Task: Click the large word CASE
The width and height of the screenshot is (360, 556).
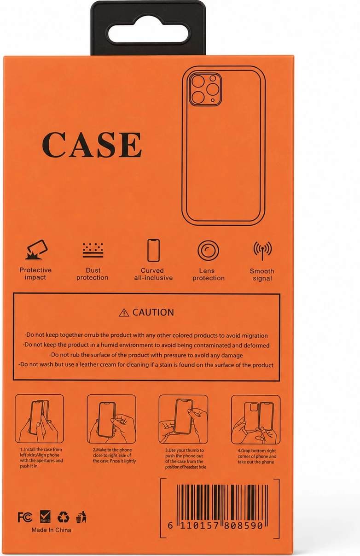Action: [92, 145]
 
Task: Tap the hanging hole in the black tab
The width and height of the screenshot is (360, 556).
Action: [148, 35]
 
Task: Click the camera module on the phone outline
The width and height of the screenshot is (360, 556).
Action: [205, 90]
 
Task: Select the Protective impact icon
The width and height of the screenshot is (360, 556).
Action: [36, 250]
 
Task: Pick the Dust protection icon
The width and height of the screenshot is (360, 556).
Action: [93, 250]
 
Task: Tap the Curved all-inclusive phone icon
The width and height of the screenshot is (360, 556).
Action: [153, 250]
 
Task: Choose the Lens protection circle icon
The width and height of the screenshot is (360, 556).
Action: [208, 250]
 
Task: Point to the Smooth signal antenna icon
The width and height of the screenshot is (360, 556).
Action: [262, 251]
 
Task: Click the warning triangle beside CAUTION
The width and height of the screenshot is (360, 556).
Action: [124, 313]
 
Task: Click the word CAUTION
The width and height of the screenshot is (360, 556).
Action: [153, 312]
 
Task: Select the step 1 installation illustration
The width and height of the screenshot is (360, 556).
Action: [40, 419]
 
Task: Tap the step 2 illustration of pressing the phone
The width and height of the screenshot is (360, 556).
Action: [111, 419]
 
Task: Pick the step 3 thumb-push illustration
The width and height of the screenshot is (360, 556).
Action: [183, 419]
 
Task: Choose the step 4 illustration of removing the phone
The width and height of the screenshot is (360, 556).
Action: [256, 420]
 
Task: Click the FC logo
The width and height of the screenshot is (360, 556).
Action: [25, 517]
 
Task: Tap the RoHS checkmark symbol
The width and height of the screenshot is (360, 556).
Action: [45, 516]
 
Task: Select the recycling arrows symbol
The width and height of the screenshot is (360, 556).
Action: [63, 517]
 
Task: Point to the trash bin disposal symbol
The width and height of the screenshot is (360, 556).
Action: [81, 517]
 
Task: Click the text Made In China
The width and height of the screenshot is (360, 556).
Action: [52, 530]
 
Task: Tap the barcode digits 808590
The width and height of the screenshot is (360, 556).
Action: [243, 526]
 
